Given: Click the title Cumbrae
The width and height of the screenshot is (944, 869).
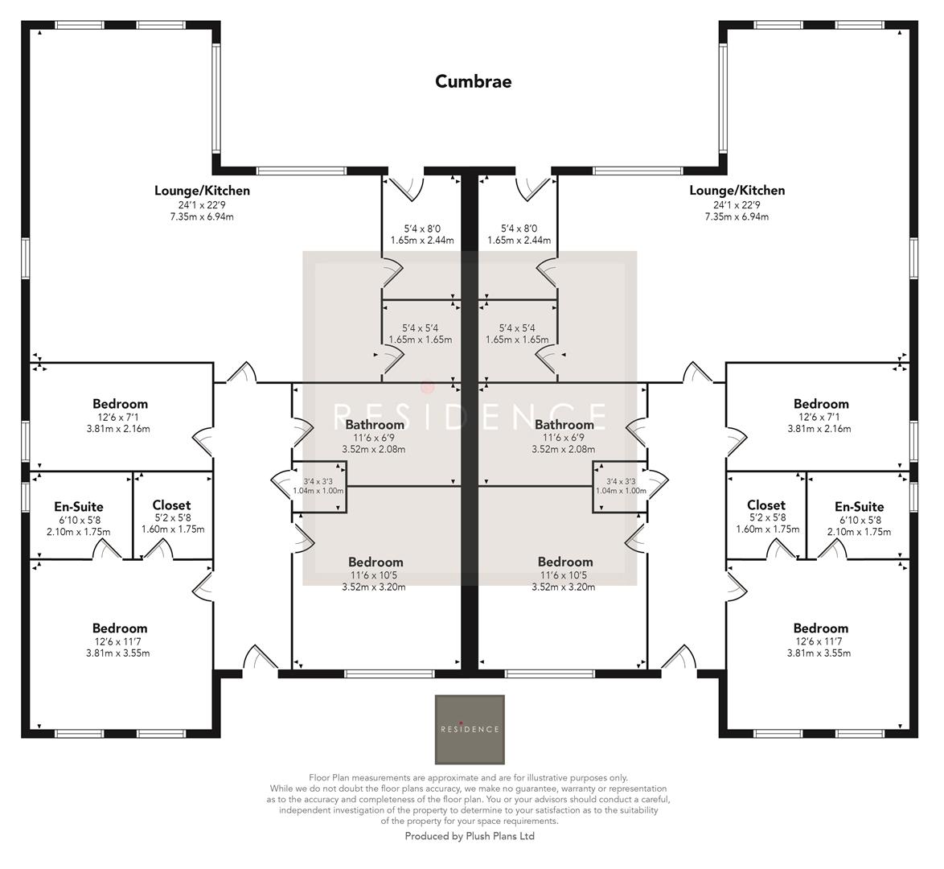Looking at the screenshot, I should coord(473,81).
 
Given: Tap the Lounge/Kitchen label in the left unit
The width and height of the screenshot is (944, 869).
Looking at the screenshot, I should coord(202,191).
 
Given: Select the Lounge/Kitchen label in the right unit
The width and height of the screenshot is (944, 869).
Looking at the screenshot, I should coord(737,191).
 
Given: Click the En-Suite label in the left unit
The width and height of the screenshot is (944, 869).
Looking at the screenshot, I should coord(79,507).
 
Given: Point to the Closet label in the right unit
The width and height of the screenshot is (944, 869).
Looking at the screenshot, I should coord(765,505).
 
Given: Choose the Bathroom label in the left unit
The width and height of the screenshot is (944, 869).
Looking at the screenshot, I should coord(374,425).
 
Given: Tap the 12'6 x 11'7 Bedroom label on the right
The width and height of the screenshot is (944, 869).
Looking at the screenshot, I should coord(820,628).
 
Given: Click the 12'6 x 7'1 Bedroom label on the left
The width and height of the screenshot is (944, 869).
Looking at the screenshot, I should coord(120,404).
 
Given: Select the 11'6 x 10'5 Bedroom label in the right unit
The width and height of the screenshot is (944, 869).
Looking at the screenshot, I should coord(564,562).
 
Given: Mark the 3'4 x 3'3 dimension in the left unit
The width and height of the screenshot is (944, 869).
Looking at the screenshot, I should coord(319,481).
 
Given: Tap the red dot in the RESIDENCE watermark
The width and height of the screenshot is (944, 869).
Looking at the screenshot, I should coord(428,387).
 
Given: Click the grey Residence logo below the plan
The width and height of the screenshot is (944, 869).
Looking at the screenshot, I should coord(470,729).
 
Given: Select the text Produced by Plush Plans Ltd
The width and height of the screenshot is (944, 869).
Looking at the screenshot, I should coord(470,836).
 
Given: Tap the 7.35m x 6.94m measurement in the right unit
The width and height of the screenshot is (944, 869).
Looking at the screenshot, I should coord(737,216).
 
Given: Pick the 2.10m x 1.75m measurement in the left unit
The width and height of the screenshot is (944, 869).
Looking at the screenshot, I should coord(79,532).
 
